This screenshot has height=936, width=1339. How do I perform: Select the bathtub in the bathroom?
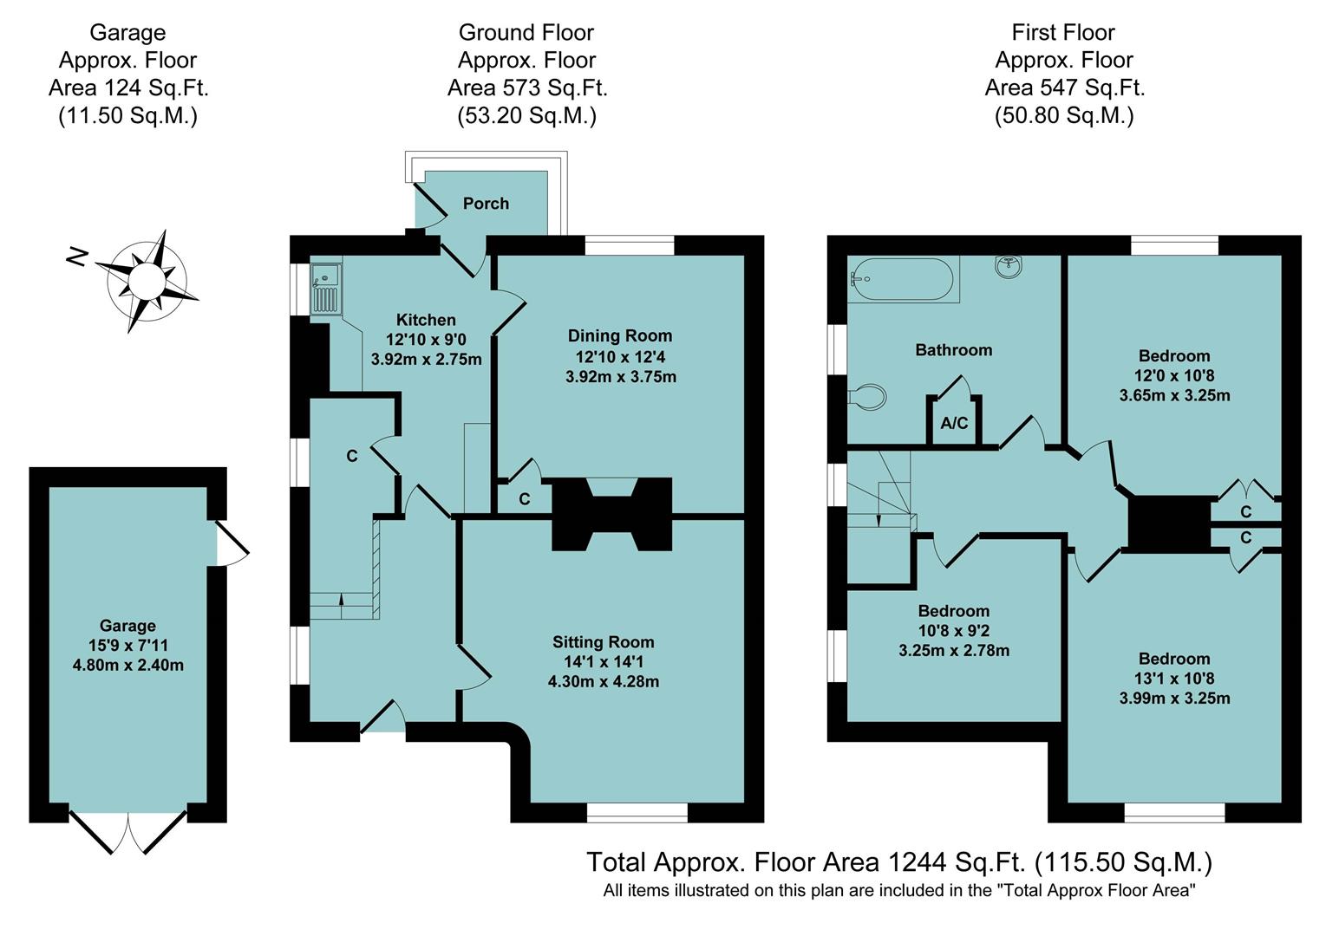tap(902, 279)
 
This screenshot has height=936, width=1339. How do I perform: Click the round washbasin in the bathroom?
tap(1009, 266)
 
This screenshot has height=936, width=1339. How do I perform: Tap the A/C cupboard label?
tap(954, 423)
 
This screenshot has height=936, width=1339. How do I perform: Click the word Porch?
tap(486, 204)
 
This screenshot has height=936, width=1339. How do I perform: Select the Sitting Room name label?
tap(603, 642)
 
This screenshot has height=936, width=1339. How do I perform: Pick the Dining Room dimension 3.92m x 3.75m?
tap(621, 377)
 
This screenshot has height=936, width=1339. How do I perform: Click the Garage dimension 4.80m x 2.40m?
tap(128, 665)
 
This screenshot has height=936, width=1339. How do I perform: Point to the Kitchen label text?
tap(426, 320)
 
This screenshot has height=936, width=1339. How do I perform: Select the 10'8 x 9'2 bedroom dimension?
tap(953, 631)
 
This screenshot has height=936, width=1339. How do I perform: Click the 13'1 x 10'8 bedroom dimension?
tap(1174, 679)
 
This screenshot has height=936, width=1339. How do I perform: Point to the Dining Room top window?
tap(630, 245)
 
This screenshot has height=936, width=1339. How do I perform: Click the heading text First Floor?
tap(1063, 32)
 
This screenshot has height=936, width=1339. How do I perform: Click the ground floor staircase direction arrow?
tap(342, 606)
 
